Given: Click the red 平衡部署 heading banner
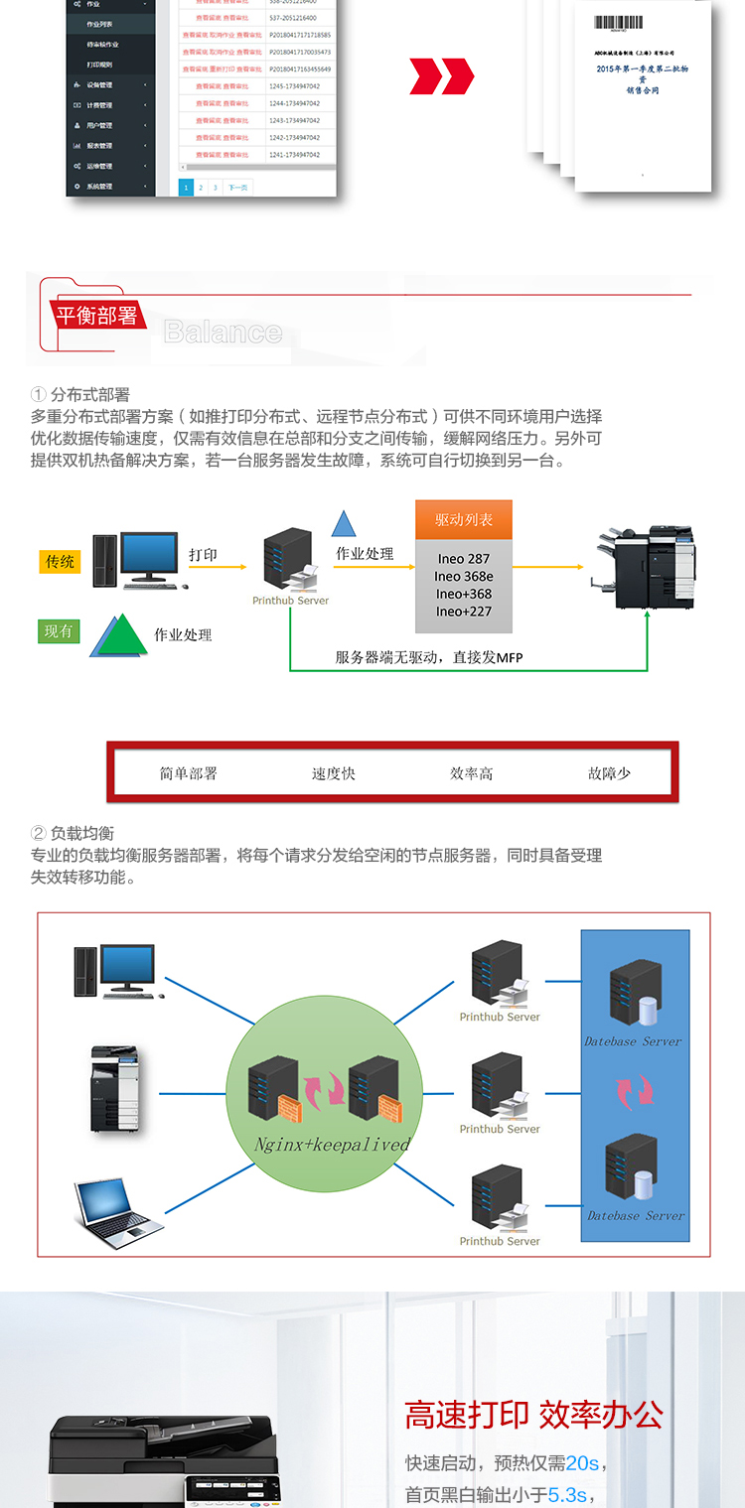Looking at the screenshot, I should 96,316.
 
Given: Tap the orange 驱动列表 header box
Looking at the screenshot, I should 464,520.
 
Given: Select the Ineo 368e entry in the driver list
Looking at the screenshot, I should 464,577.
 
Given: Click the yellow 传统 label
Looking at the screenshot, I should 60,562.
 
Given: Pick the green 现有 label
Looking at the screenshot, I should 60,631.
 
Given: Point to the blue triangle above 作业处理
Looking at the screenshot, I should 344,524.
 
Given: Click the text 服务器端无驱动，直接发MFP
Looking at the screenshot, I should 428,657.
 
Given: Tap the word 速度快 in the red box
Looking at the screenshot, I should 334,773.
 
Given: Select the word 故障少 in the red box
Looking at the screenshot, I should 609,773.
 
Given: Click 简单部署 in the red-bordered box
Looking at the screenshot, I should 189,773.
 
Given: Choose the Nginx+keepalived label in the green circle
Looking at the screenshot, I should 332,1144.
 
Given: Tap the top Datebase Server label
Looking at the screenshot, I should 633,1041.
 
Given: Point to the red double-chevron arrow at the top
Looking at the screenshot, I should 442,76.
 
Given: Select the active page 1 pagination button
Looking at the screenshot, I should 186,187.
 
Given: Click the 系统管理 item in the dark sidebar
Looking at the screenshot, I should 99,187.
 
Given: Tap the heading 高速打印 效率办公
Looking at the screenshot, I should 533,1416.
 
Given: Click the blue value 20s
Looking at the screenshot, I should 582,1463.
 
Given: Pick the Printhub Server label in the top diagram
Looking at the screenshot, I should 290,601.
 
